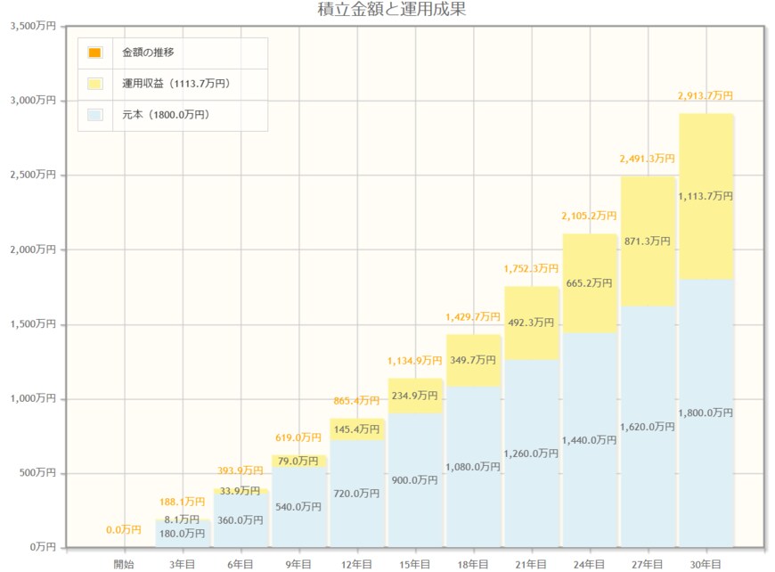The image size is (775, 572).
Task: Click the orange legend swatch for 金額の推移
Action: [x=95, y=53]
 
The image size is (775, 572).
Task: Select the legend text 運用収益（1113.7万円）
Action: [x=175, y=84]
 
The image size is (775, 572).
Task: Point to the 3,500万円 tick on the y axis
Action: [x=32, y=27]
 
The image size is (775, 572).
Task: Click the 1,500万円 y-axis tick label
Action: [x=32, y=324]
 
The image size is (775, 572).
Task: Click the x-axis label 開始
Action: [x=124, y=564]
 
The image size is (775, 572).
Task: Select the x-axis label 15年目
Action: [x=414, y=564]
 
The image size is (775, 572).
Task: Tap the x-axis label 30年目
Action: [x=706, y=564]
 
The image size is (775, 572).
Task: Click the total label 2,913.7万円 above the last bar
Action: [x=706, y=95]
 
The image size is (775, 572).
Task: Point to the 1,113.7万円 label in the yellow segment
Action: [x=706, y=196]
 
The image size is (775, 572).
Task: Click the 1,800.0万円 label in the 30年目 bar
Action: [x=706, y=413]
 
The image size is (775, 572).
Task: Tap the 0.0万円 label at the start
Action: [x=124, y=530]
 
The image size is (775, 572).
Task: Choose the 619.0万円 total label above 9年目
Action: [x=298, y=437]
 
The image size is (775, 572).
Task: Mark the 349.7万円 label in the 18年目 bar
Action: [x=473, y=360]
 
